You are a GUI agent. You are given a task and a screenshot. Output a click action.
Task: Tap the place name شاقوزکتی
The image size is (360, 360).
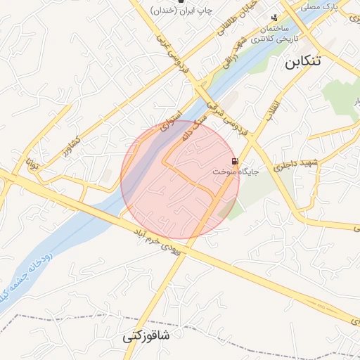[x=146, y=335]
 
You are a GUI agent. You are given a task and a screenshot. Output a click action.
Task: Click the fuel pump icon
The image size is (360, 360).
[x=234, y=160]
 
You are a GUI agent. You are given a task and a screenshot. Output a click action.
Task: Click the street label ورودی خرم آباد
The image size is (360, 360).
[x=160, y=240]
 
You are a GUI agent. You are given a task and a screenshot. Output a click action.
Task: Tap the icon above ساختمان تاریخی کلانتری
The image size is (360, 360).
[x=274, y=18]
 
